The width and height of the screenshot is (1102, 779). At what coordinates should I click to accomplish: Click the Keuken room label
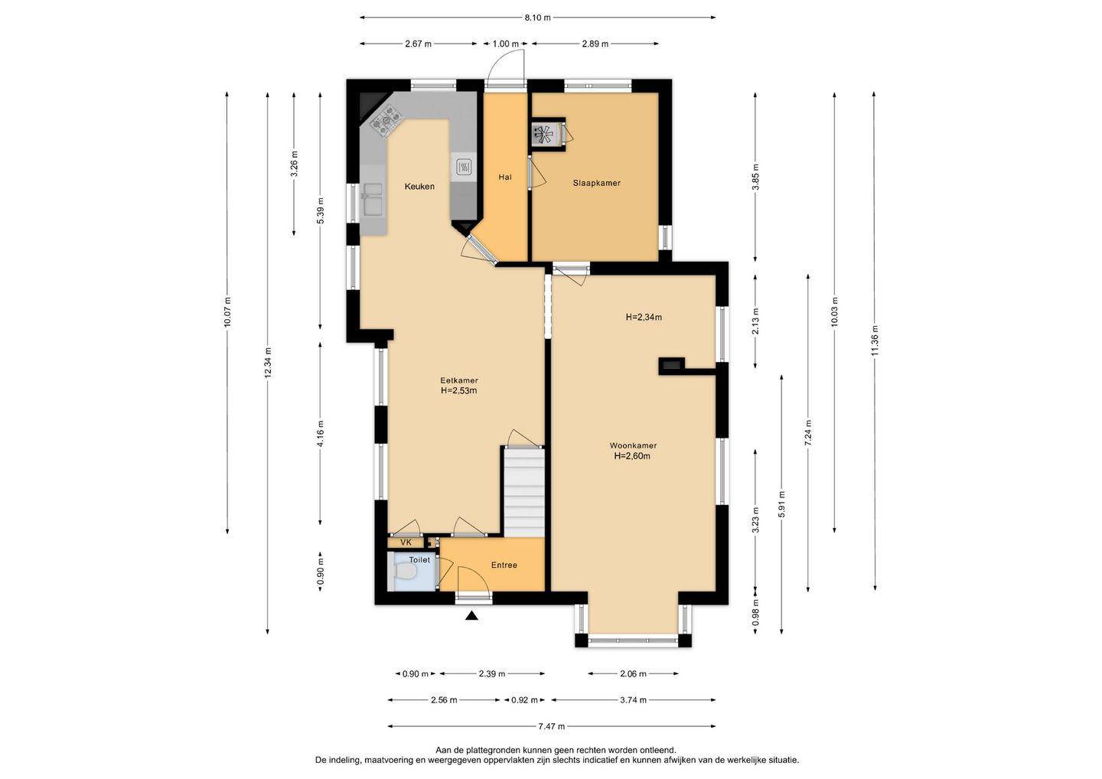[419, 187]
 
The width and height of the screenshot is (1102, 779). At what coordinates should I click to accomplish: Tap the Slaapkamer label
[596, 183]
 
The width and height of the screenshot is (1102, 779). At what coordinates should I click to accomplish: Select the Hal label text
[505, 177]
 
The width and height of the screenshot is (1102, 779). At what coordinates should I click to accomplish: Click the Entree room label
[504, 565]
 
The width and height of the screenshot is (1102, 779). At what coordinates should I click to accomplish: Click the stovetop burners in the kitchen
[386, 120]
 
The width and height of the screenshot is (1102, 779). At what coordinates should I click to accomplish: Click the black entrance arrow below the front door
[471, 615]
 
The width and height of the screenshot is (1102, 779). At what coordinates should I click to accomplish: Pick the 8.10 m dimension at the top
[537, 18]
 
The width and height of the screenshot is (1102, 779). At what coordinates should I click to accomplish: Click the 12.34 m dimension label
[268, 363]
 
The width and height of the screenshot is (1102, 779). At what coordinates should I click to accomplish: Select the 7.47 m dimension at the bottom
[551, 726]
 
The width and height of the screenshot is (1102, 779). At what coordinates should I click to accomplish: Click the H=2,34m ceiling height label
[644, 318]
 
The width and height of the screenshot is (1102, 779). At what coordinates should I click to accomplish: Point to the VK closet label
[406, 543]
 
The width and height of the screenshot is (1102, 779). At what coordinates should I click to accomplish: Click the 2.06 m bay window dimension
[633, 673]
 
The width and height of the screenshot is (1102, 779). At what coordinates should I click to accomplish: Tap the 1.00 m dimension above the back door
[505, 44]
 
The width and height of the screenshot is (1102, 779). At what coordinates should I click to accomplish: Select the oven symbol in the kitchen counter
[464, 166]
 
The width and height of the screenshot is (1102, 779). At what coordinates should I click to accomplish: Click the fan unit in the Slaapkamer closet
[545, 133]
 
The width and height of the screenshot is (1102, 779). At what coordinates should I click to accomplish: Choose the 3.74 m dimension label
[633, 700]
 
